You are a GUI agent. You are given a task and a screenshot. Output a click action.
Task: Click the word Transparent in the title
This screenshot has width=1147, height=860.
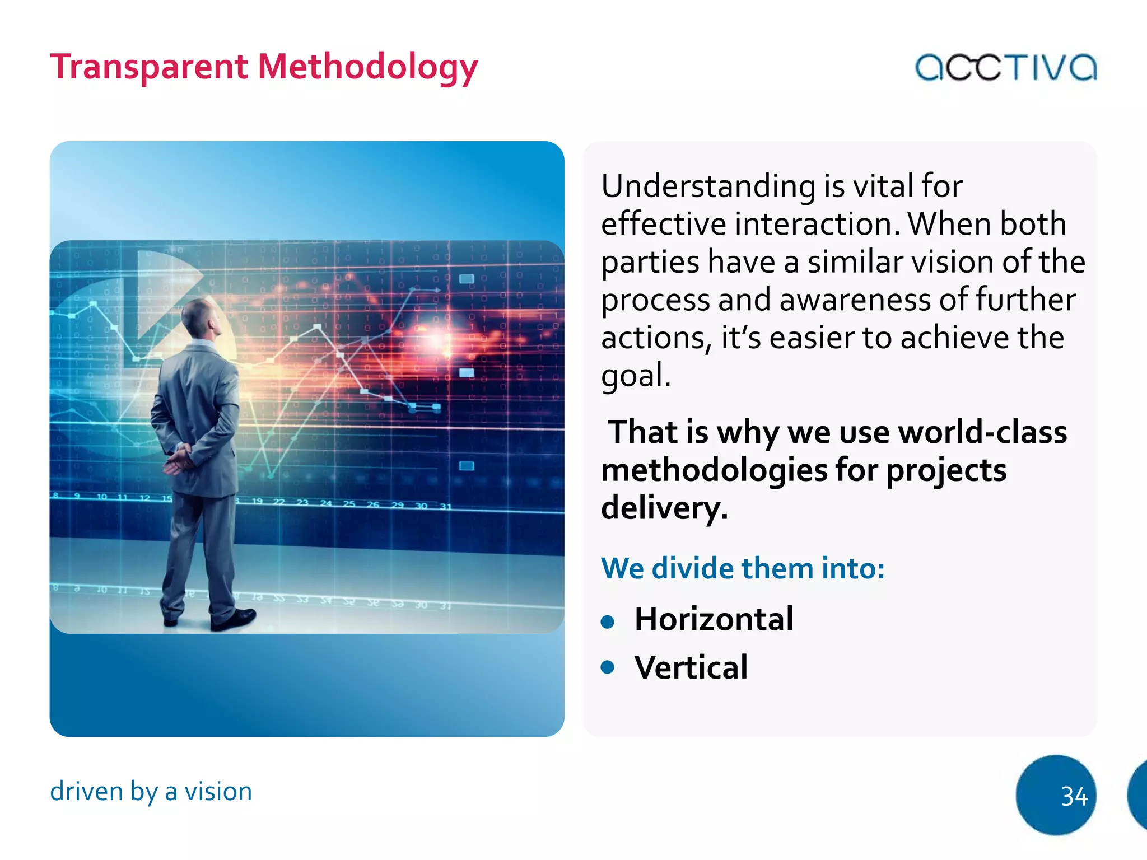(148, 67)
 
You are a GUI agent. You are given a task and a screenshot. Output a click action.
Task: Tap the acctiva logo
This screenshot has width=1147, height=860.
(1005, 68)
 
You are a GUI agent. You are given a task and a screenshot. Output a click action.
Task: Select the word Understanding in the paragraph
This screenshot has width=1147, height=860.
(708, 186)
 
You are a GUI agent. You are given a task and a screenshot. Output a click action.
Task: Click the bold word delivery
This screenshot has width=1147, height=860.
(664, 508)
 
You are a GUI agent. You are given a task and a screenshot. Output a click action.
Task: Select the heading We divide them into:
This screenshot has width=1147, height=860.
(743, 568)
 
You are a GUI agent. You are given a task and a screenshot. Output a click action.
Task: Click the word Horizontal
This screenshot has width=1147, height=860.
(714, 619)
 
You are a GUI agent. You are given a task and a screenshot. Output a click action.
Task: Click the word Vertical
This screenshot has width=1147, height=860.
(691, 667)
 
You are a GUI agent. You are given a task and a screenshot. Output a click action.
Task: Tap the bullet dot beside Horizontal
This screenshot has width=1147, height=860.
(608, 621)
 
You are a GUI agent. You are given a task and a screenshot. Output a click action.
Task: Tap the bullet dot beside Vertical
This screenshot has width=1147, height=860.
(608, 667)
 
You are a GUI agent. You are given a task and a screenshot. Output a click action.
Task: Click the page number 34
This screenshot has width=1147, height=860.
(1074, 796)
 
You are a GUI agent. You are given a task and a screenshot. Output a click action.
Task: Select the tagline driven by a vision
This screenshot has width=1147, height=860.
(151, 792)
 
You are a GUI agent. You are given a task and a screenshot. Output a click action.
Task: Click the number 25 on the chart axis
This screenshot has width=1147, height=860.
(349, 504)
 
